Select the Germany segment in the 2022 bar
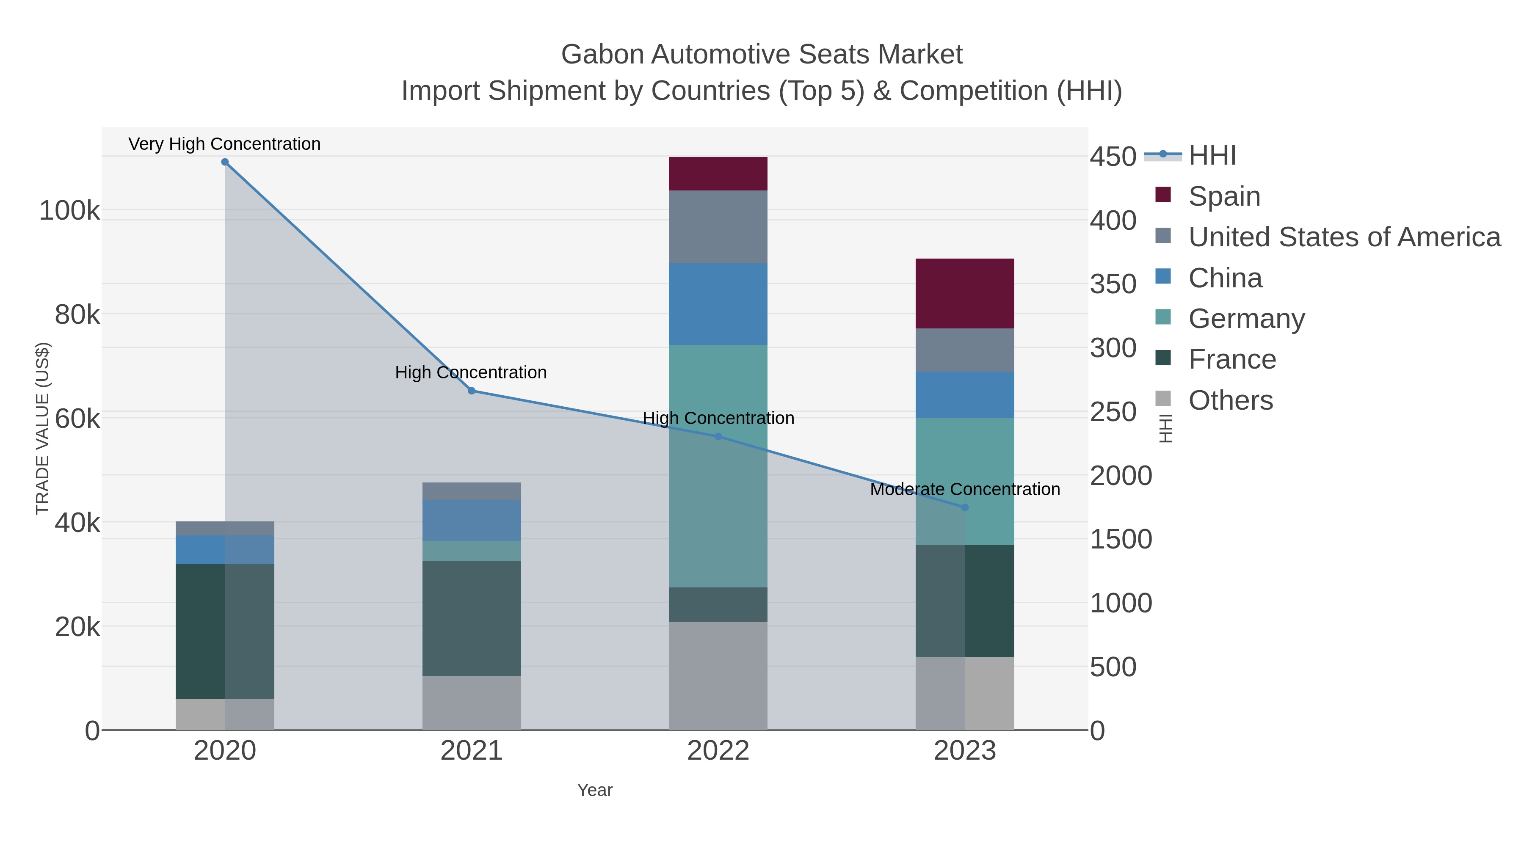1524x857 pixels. tap(718, 466)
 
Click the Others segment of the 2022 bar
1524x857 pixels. tap(718, 675)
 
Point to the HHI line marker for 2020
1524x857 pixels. tap(225, 162)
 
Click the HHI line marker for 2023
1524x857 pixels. tap(964, 507)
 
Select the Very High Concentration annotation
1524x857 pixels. tap(224, 144)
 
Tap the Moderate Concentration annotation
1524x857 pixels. tap(964, 489)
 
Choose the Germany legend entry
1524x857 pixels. tap(1246, 318)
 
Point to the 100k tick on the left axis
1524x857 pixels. tap(69, 211)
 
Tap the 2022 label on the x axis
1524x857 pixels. tap(718, 751)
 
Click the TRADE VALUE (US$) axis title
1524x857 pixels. tap(43, 428)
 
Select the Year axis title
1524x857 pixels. tap(595, 790)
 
